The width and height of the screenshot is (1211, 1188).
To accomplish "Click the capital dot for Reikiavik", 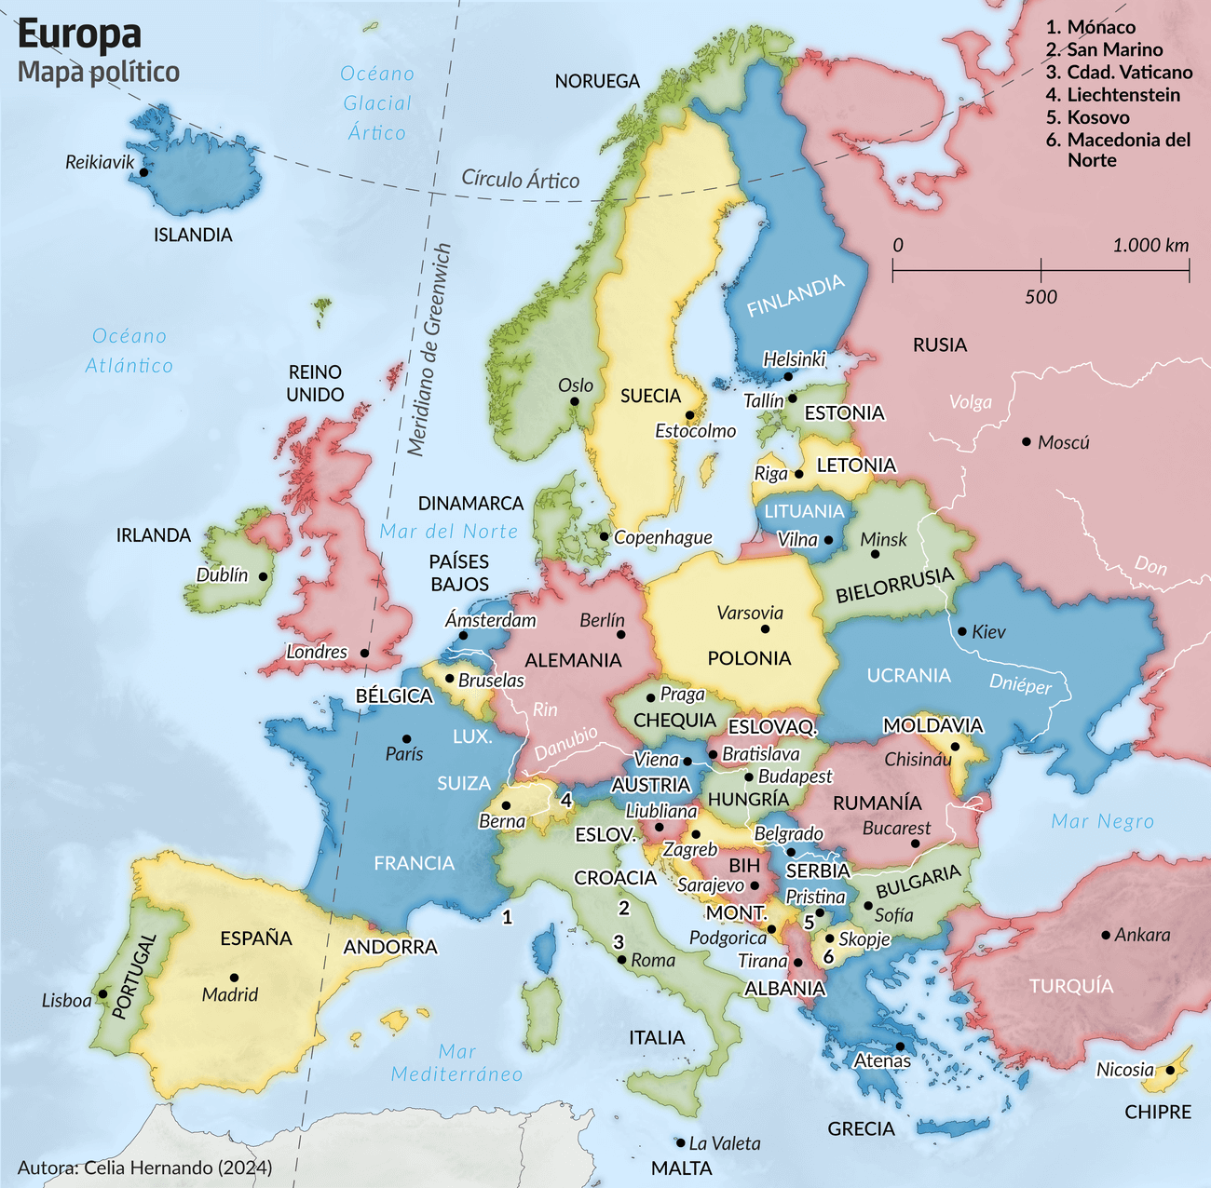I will (x=143, y=171).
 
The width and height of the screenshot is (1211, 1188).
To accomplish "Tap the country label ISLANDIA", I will (x=193, y=235).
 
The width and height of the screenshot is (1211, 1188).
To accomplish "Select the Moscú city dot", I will (x=1027, y=441).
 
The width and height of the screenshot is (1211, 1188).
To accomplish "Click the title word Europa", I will (x=79, y=34).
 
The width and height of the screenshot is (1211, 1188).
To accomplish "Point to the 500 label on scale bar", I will (x=1041, y=297).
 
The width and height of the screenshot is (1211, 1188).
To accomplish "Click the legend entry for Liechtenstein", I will (x=1123, y=95).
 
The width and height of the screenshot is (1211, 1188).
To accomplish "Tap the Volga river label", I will (x=971, y=402).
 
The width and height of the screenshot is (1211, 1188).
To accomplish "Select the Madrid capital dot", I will (x=234, y=978).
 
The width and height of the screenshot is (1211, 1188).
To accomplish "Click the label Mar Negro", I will (x=1102, y=821).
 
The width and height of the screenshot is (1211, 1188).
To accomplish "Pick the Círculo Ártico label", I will (x=521, y=180).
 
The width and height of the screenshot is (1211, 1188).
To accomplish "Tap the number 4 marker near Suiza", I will (x=565, y=800).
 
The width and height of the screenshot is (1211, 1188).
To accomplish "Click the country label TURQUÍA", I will (x=1071, y=986).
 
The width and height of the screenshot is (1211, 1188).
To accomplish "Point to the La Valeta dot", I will (x=680, y=1142).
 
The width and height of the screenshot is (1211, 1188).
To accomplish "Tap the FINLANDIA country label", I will (x=796, y=295).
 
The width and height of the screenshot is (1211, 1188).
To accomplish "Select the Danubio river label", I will (x=565, y=743).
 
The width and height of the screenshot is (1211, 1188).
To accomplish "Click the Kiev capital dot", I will (x=962, y=631).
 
